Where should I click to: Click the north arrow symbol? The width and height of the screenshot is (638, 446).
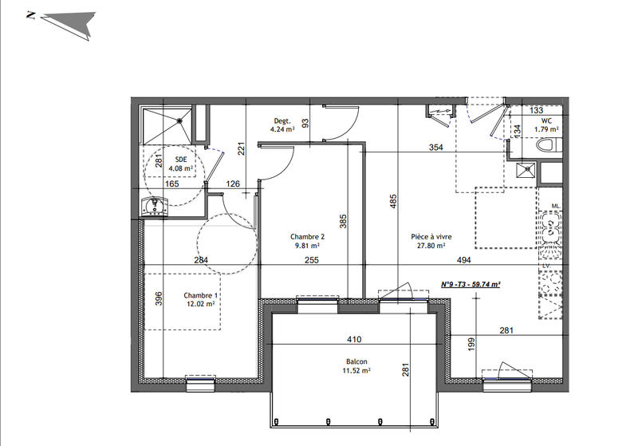coord(67,22)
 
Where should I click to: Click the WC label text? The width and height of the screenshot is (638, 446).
coord(545,120)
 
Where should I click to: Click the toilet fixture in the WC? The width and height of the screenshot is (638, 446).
coord(549,147)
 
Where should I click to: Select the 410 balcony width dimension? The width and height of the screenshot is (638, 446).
coord(355,338)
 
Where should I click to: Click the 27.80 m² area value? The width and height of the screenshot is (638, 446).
coord(432,247)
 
